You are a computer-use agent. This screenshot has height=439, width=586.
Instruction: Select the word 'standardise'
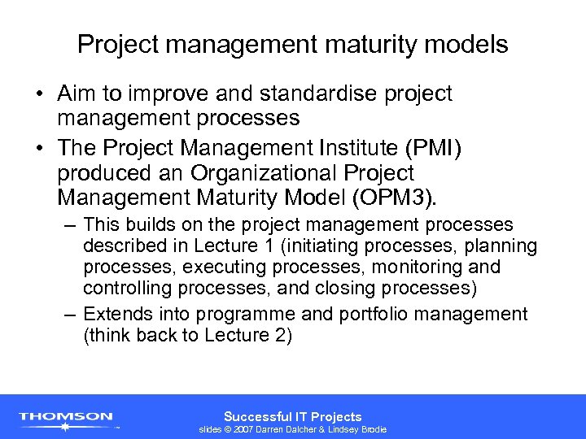tap(301, 94)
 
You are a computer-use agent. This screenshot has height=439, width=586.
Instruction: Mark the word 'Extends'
tap(117, 315)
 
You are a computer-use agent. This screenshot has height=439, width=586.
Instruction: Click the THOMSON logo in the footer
tap(66, 418)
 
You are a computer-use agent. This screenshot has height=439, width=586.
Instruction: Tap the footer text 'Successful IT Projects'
tap(293, 416)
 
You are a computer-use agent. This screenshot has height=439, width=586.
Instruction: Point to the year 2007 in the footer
tap(244, 429)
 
